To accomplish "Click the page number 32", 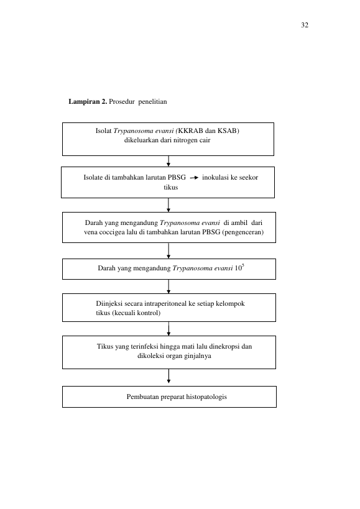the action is point(305,25).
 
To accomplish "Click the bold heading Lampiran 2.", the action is point(88,101).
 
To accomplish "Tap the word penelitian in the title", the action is point(152,101).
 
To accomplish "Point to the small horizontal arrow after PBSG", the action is point(194,178).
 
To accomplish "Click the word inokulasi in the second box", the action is point(216,177).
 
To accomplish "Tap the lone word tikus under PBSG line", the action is point(171,187).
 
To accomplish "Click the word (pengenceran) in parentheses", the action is point(243,232).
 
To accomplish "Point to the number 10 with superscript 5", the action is point(239,267).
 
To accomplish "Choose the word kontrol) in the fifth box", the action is point(150,313).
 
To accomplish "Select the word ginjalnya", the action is point(198,355).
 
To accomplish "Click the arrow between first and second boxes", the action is point(168,161).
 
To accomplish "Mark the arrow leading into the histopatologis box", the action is point(168,376).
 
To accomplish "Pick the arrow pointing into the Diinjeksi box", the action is point(168,287).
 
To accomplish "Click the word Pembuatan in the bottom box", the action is point(142,397).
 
